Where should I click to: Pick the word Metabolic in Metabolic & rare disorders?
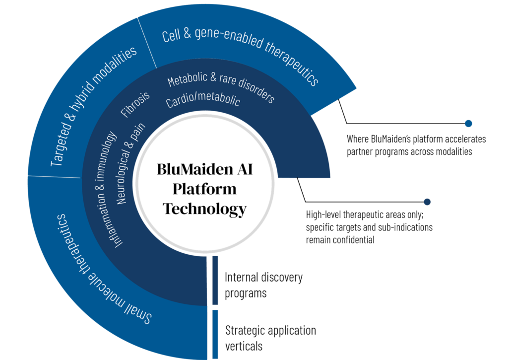point(184,80)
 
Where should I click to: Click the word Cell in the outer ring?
point(170,36)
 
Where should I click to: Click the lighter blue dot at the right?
point(468,124)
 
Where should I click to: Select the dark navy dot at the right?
point(427,202)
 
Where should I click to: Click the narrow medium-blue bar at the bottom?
point(215,334)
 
